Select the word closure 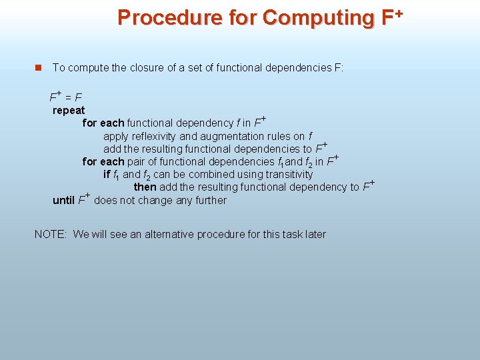click(139, 67)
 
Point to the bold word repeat click(69, 110)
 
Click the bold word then click(145, 187)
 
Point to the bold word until click(63, 200)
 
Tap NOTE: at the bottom click(51, 234)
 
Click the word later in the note click(314, 234)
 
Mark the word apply click(116, 136)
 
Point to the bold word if click(107, 174)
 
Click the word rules click(283, 136)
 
